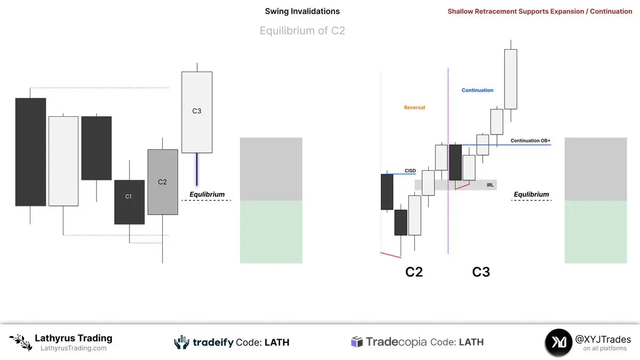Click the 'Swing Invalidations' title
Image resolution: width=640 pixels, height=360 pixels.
[302, 11]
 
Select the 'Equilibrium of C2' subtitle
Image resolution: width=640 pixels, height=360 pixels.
[302, 31]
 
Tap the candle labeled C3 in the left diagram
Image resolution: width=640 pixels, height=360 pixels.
[197, 112]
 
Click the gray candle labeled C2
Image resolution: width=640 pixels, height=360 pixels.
[163, 182]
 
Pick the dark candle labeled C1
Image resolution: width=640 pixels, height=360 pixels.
[129, 202]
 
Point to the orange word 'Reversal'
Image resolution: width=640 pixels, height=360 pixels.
[414, 107]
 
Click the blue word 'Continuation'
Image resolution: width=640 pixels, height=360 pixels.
[477, 90]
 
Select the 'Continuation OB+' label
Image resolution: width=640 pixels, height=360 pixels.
[530, 141]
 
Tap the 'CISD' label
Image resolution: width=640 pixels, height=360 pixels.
[410, 171]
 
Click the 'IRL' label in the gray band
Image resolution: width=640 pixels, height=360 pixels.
[490, 185]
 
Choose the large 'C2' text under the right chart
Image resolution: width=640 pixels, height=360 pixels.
[414, 272]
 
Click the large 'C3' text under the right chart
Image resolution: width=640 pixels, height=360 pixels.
[481, 272]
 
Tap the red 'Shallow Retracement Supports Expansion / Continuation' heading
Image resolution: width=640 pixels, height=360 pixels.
[540, 11]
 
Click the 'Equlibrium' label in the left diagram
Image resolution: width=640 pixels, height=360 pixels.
[207, 195]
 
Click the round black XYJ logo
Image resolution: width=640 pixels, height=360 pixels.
[558, 342]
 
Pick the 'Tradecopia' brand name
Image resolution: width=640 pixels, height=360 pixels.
[396, 342]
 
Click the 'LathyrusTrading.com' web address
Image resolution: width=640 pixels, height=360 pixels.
[74, 348]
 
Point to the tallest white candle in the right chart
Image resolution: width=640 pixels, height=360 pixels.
[510, 79]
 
